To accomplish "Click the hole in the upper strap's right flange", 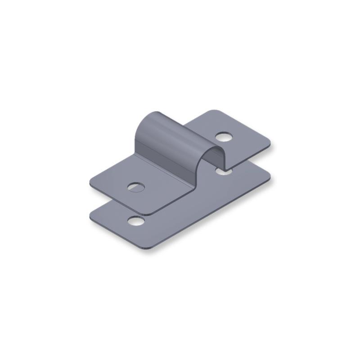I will pyautogui.click(x=223, y=136).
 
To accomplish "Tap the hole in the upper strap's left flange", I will pyautogui.click(x=136, y=186).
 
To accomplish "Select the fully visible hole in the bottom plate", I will pyautogui.click(x=136, y=220).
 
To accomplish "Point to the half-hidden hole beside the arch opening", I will pyautogui.click(x=224, y=171).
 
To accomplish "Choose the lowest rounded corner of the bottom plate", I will pyautogui.click(x=145, y=250).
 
